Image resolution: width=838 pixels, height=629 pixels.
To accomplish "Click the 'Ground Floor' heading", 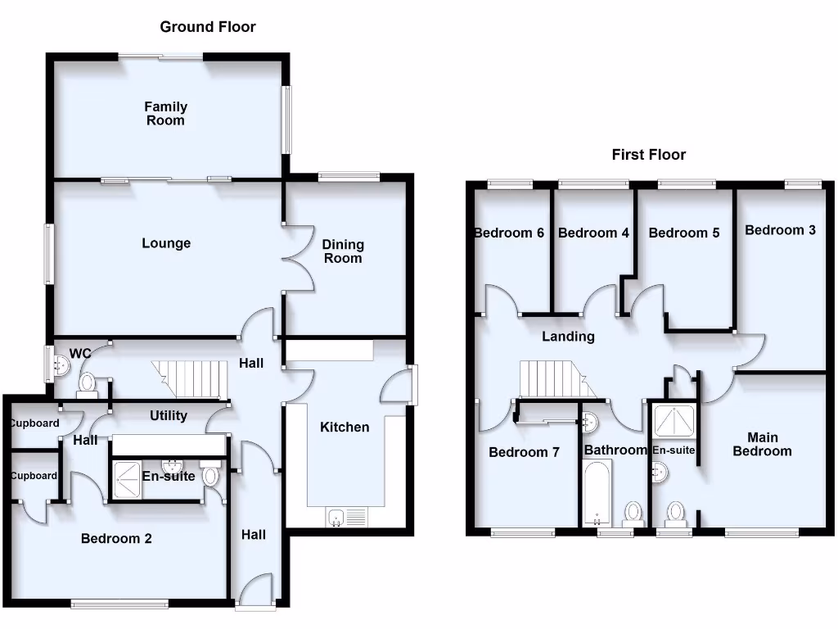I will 208,27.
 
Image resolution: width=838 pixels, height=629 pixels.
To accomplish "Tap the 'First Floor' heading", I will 649,155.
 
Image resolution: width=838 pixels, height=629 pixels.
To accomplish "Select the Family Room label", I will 166,114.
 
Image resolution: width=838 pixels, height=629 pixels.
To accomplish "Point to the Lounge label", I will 166,243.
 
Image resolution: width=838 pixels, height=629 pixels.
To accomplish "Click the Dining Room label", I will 343,251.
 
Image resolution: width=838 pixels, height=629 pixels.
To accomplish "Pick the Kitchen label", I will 345,428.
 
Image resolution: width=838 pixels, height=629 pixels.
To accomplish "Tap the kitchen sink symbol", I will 348,518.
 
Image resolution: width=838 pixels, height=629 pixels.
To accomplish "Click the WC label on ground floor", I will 79,354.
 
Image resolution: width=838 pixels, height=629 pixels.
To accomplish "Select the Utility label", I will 169,416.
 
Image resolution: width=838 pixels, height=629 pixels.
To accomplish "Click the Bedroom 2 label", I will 116,539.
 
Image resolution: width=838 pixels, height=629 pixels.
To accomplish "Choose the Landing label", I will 569,337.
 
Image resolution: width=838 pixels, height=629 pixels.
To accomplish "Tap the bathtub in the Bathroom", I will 597,491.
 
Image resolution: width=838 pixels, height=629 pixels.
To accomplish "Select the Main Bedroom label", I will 762,445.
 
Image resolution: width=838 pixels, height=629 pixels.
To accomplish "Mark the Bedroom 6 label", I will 509,233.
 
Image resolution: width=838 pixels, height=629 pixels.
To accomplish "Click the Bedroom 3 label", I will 780,230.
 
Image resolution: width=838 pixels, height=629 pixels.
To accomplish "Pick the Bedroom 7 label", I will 524,452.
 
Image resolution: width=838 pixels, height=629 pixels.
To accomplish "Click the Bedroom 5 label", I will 684,233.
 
